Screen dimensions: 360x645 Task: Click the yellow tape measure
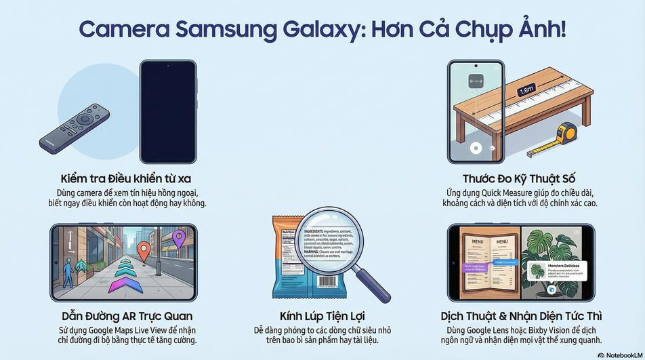click(x=566, y=134)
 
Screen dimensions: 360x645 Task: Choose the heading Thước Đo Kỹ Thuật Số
click(x=519, y=179)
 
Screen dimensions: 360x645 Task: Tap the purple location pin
click(x=179, y=239)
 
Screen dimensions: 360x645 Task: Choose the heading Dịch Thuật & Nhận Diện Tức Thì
click(x=520, y=316)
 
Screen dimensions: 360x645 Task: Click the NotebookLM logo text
click(x=620, y=354)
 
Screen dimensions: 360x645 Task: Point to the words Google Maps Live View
click(x=129, y=329)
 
